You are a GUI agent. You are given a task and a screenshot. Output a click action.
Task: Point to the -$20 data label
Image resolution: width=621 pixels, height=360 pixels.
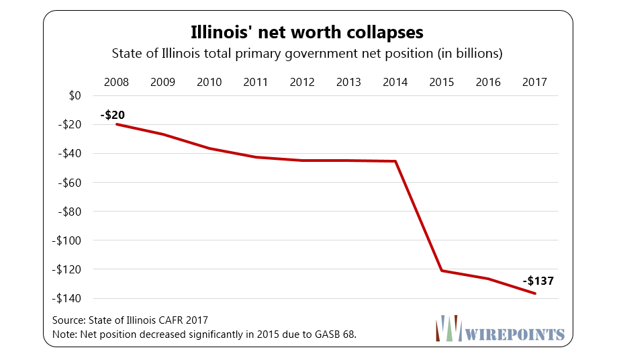point(113,115)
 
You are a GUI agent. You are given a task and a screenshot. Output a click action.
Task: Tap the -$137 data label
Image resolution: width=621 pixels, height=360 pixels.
point(539,281)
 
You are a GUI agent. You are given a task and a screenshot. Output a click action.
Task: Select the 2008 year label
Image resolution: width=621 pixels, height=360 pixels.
point(117,82)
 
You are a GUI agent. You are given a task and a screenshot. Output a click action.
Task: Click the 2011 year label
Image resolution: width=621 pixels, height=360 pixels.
point(256,82)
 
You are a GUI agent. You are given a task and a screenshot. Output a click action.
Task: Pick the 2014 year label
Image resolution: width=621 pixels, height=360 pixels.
point(395,82)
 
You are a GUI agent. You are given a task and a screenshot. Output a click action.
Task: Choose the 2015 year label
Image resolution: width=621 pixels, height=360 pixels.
point(442,82)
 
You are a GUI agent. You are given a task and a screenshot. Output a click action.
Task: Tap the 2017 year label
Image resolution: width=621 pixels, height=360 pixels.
point(534,82)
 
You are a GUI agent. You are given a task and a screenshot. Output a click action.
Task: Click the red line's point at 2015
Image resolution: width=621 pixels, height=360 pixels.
point(442,271)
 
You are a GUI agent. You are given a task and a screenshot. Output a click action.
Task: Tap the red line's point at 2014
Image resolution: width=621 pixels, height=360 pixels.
point(395,161)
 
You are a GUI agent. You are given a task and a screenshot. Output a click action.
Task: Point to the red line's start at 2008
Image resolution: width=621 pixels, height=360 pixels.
point(117,124)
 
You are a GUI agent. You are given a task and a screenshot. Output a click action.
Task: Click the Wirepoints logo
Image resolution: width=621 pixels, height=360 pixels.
point(499,328)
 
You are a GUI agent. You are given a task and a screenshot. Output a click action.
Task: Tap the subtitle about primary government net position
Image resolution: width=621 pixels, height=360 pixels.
point(307,52)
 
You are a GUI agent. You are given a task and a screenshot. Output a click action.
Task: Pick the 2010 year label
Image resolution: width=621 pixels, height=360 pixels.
point(209,82)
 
